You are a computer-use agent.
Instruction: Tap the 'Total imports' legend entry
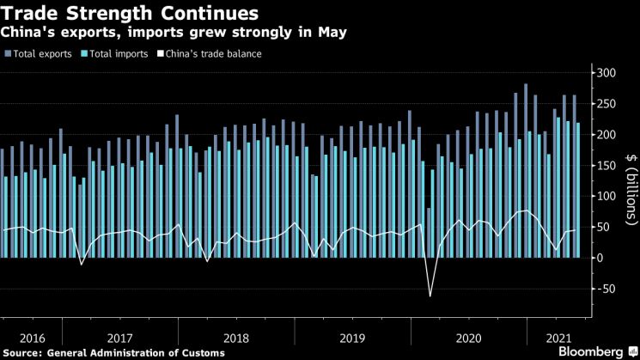point(117,53)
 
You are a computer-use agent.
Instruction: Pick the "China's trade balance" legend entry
point(212,53)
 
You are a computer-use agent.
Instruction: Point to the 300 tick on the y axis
point(607,73)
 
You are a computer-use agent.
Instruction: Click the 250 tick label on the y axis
point(607,104)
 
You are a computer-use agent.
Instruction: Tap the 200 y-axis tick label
point(607,135)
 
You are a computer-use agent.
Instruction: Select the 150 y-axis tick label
point(607,166)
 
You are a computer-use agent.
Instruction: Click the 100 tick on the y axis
point(607,196)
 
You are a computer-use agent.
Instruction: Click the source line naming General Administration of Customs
point(114,352)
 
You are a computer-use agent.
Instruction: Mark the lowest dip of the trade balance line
point(430,296)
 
